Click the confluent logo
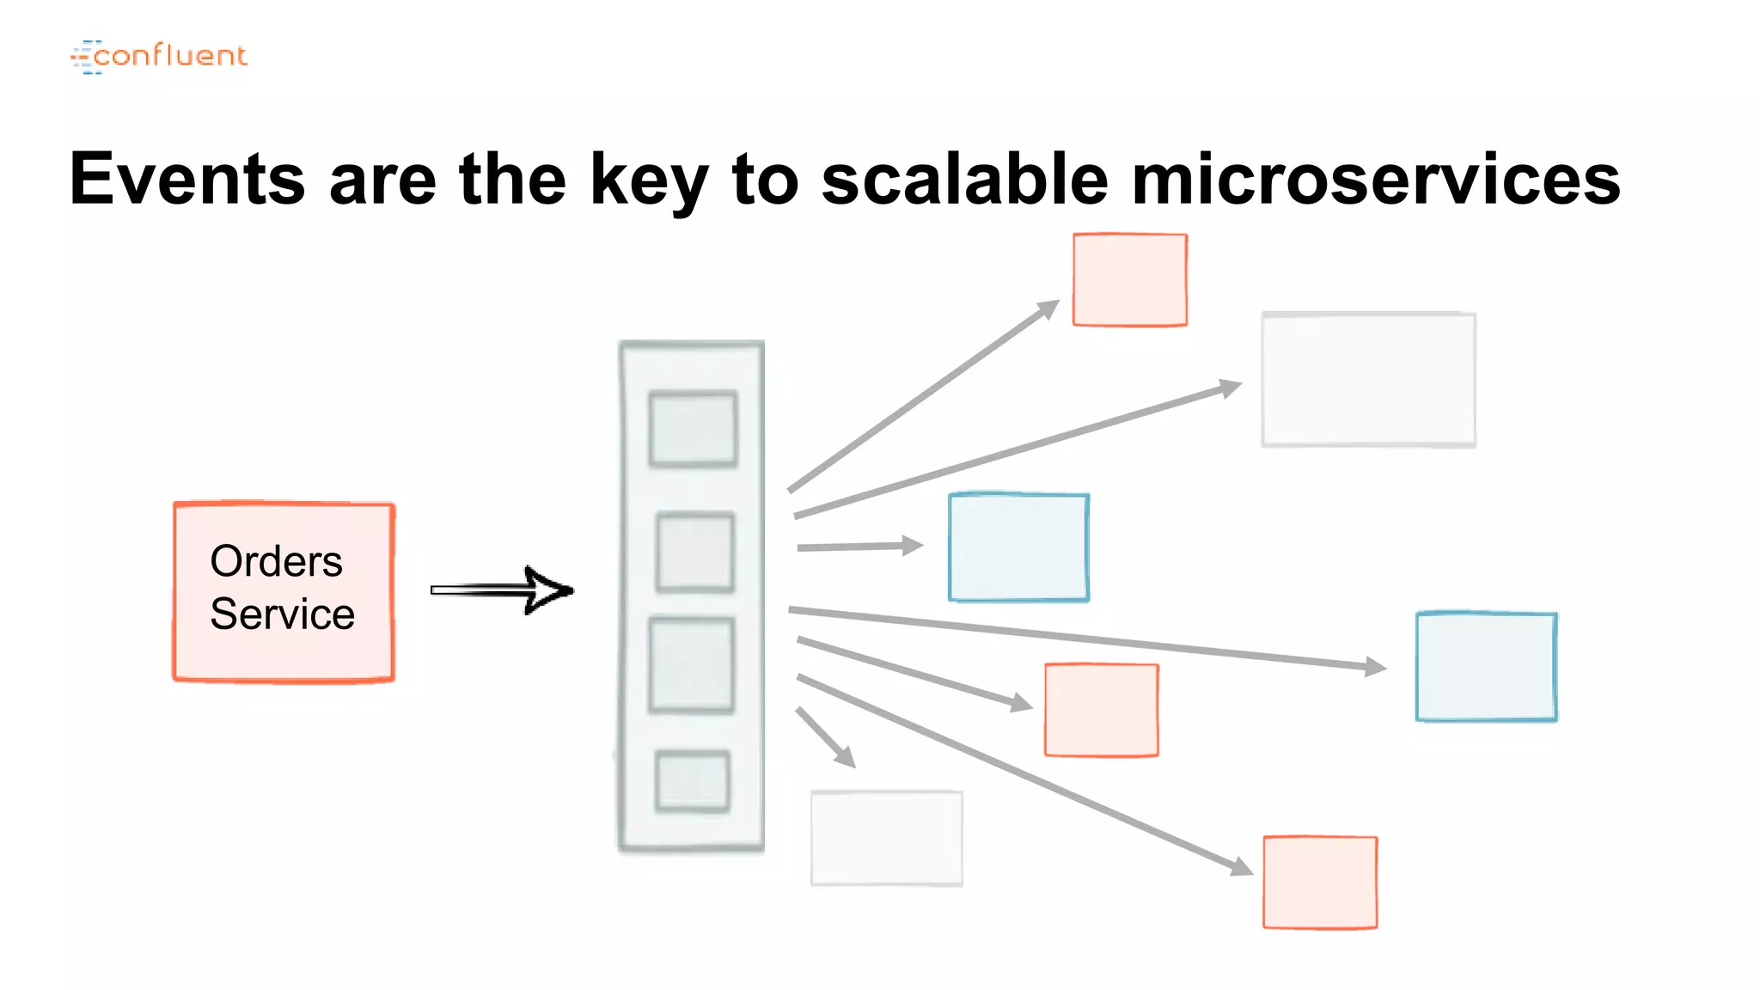click(x=159, y=56)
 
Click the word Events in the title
click(x=187, y=179)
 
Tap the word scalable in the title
click(x=964, y=179)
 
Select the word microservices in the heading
click(x=1376, y=179)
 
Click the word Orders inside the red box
click(x=276, y=561)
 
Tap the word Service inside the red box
click(x=282, y=614)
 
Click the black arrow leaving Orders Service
click(x=503, y=590)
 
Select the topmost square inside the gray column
click(x=693, y=429)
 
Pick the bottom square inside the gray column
click(x=693, y=781)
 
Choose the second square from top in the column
click(x=695, y=553)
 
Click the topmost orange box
click(x=1130, y=280)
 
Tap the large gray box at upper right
click(x=1368, y=380)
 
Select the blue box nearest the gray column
click(x=1018, y=547)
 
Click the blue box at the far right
click(x=1486, y=667)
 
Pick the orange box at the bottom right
click(x=1320, y=883)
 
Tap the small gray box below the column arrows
click(x=887, y=838)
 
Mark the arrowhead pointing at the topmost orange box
click(x=1049, y=308)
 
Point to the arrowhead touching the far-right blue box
click(x=1376, y=666)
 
